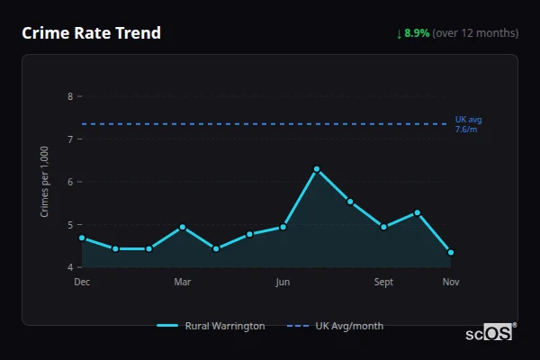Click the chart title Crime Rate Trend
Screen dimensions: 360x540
(91, 33)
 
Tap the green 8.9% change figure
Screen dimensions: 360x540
(417, 33)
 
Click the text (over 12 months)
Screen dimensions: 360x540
(475, 33)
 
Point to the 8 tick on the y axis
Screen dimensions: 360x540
(70, 96)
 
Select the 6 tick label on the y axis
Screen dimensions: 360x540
(70, 182)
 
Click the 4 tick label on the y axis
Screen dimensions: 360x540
(70, 267)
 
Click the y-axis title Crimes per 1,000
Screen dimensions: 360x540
(45, 182)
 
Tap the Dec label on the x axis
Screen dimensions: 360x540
(82, 283)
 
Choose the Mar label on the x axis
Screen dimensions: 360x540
(183, 283)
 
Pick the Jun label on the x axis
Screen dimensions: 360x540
(283, 283)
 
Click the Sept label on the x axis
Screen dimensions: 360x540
(383, 283)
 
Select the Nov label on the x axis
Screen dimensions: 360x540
(451, 283)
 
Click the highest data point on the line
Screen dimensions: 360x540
(317, 169)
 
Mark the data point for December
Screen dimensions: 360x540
(82, 238)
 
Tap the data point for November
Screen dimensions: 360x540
(451, 253)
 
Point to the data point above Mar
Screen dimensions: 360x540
(183, 227)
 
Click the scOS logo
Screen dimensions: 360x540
(489, 333)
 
